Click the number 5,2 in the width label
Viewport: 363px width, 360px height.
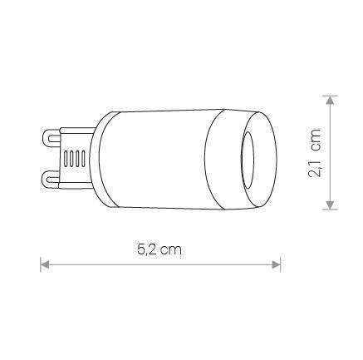coord(145,249)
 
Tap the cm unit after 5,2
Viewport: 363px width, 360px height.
coord(173,249)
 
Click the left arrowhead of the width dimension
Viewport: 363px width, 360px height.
coord(46,265)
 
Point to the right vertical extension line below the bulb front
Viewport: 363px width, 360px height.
coord(281,249)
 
